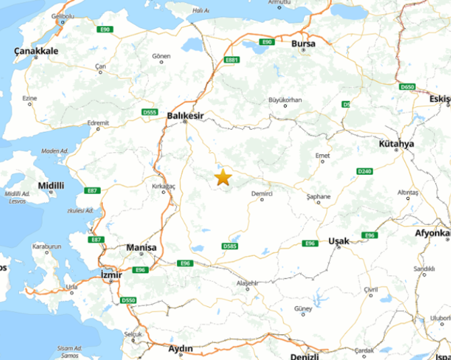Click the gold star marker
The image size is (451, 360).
pyautogui.click(x=223, y=178)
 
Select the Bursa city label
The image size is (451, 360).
pyautogui.click(x=304, y=44)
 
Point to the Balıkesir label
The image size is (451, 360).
pyautogui.click(x=184, y=116)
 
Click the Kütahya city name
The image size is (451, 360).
pyautogui.click(x=397, y=144)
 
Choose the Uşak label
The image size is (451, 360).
pyautogui.click(x=339, y=241)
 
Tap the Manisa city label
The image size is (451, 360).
pyautogui.click(x=141, y=248)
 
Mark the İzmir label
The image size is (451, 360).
pyautogui.click(x=110, y=275)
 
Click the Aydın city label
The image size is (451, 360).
pyautogui.click(x=180, y=349)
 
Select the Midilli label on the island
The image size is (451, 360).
pyautogui.click(x=52, y=185)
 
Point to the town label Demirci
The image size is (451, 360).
pyautogui.click(x=262, y=194)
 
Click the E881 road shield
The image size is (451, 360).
pyautogui.click(x=232, y=60)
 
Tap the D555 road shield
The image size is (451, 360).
pyautogui.click(x=149, y=112)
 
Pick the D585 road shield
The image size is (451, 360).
pyautogui.click(x=230, y=246)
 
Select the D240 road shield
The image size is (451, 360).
pyautogui.click(x=365, y=172)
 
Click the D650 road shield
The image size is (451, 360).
pyautogui.click(x=407, y=87)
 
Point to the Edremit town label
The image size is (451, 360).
pyautogui.click(x=98, y=123)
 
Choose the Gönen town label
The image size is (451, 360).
pyautogui.click(x=162, y=55)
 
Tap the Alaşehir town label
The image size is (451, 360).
pyautogui.click(x=248, y=283)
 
